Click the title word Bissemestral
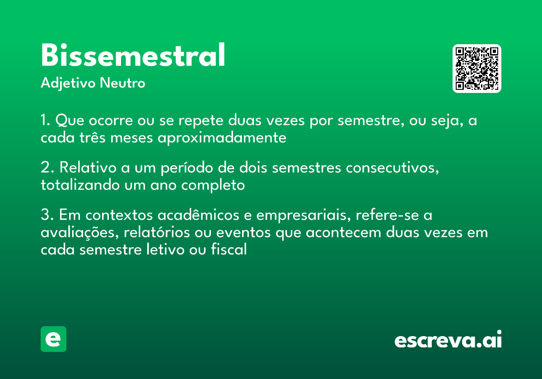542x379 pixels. coord(133,56)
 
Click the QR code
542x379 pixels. coord(477,69)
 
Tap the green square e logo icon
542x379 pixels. coord(53,339)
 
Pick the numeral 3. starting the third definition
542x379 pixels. coord(47,215)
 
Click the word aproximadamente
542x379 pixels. coord(222,138)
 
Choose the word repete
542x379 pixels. coord(201,121)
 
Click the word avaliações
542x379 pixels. coord(79,233)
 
